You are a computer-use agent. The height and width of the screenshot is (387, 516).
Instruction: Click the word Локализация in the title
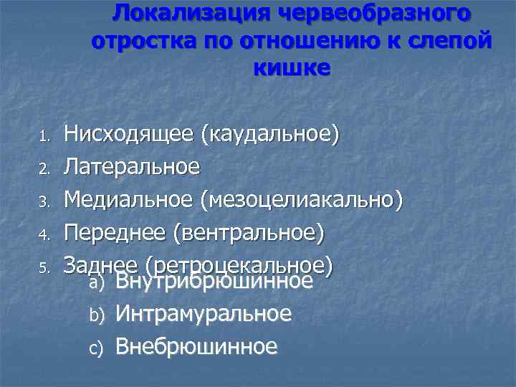[x=185, y=13]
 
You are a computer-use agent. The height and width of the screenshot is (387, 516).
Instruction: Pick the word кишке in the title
[x=292, y=68]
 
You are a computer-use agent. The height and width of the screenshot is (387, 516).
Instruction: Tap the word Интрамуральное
[x=204, y=314]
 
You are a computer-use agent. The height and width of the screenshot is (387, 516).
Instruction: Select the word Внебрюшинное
[x=196, y=347]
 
